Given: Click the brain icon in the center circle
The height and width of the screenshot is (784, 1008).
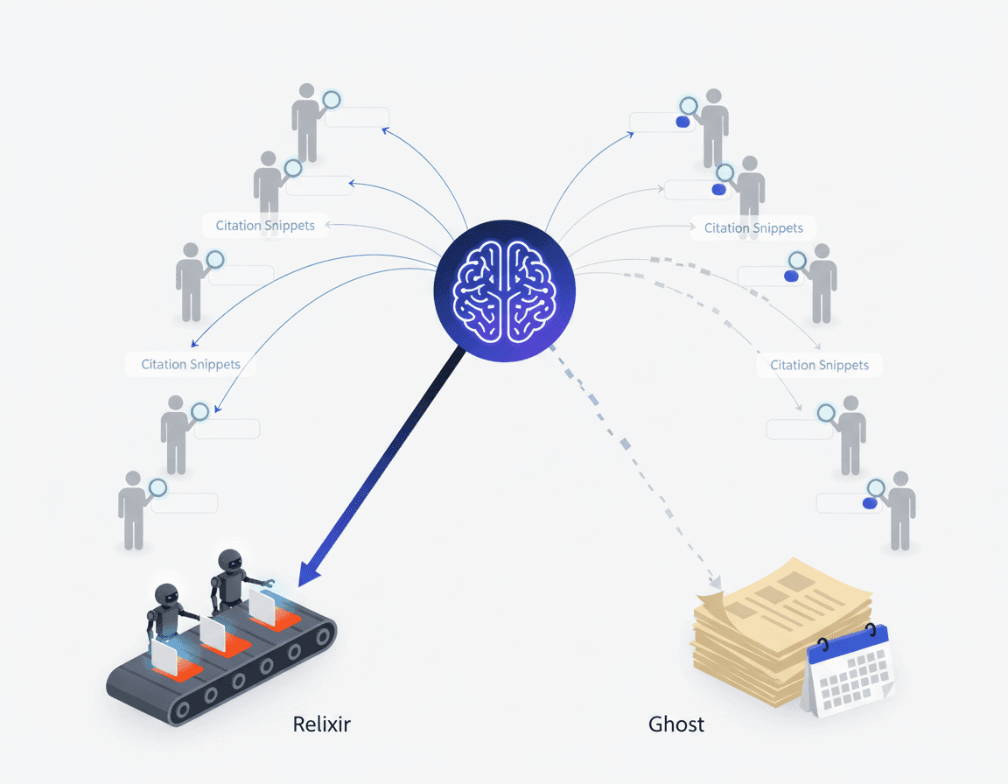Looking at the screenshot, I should [x=505, y=291].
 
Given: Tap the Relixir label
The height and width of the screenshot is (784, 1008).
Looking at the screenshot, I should [x=322, y=724].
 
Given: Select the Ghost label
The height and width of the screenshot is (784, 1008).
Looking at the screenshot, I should [x=676, y=724].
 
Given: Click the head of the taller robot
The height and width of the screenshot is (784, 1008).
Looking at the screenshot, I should [x=229, y=563].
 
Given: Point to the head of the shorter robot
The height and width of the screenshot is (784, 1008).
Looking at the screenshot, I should [x=166, y=597].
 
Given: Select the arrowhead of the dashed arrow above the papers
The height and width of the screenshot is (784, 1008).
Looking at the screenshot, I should [x=717, y=581].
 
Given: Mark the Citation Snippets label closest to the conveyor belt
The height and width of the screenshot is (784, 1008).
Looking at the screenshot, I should [x=191, y=364].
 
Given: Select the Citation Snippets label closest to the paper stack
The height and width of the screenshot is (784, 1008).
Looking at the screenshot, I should [x=819, y=365].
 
